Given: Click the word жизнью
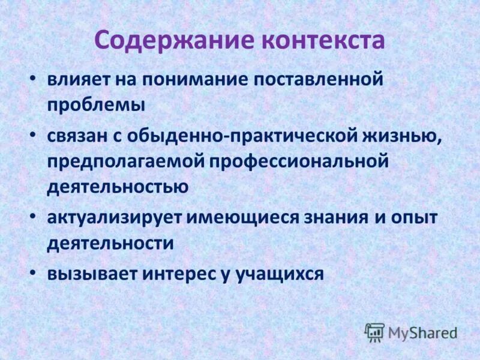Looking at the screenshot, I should [x=409, y=136].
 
